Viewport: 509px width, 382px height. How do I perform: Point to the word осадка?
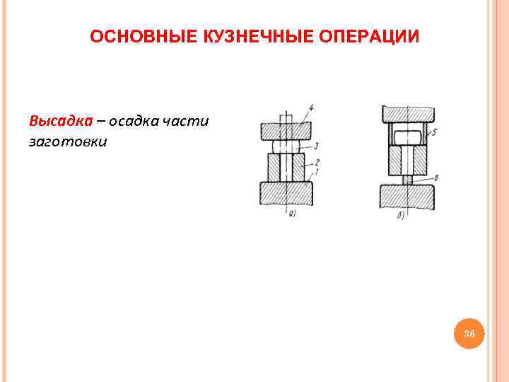133,120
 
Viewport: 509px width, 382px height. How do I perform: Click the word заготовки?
68,141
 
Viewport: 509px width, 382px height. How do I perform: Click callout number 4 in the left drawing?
311,108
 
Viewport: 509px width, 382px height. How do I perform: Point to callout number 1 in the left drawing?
317,170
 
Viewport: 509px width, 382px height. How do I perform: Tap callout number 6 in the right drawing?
436,178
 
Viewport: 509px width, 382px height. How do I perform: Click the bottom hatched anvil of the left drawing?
286,193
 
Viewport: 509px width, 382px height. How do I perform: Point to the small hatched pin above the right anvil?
407,180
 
